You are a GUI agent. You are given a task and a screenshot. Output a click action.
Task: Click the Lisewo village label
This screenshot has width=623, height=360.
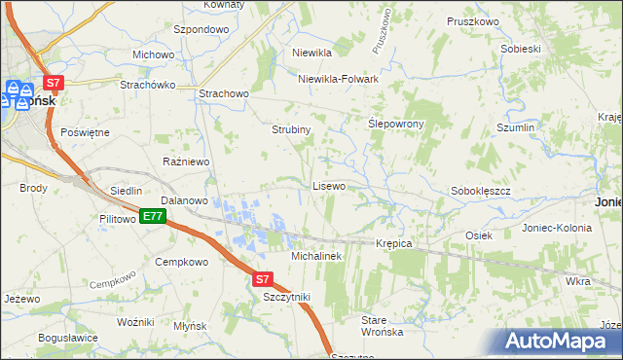coord(328,185)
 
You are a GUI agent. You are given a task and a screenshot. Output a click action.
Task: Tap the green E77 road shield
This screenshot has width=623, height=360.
coord(152,216)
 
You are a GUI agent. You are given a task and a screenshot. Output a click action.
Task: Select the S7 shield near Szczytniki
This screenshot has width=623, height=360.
coord(262,278)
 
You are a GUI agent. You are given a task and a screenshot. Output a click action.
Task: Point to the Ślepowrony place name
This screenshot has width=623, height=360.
coord(395,125)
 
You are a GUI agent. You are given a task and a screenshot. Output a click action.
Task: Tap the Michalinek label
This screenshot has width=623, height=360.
coord(315,256)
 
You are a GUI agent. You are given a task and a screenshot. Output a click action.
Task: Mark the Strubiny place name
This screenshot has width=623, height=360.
coord(290,128)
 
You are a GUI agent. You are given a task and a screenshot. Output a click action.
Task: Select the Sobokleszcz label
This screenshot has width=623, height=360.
coord(482,192)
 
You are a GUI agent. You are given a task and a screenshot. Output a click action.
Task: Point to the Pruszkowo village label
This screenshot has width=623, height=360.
coord(473,21)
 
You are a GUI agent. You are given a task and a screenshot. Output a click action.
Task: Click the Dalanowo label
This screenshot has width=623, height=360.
coord(185,200)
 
